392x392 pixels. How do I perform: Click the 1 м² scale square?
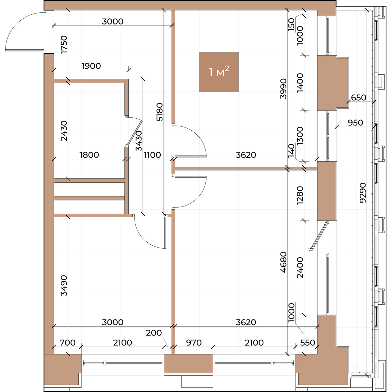click(x=219, y=72)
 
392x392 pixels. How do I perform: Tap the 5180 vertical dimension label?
click(x=160, y=112)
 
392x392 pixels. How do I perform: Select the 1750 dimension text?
click(x=64, y=44)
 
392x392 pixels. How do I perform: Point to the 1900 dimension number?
click(x=91, y=66)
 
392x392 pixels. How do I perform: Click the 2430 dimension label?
click(x=64, y=131)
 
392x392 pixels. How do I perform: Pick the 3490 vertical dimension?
click(x=64, y=286)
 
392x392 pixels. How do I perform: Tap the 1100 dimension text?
click(x=152, y=155)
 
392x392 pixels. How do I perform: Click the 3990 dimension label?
click(x=283, y=89)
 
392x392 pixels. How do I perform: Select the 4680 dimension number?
click(x=283, y=262)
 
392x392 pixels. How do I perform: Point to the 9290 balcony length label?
click(x=363, y=193)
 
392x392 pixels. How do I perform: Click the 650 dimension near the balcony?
click(x=359, y=98)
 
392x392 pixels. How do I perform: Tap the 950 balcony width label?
click(x=355, y=123)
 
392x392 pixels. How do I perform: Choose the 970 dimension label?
click(x=194, y=343)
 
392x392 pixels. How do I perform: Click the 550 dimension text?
click(x=308, y=343)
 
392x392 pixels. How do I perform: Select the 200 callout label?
click(x=154, y=333)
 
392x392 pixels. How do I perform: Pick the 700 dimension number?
click(x=68, y=343)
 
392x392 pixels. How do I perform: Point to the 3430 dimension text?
click(x=139, y=141)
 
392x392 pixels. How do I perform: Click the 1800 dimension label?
click(x=89, y=155)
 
